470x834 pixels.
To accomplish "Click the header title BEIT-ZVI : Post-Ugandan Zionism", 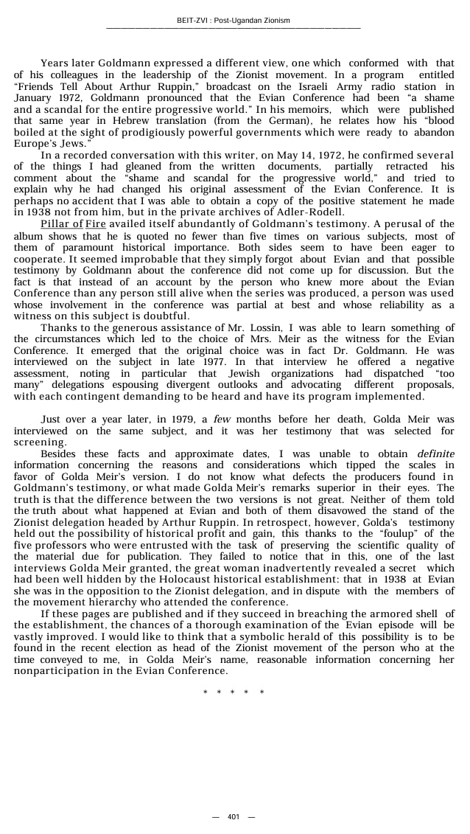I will [x=234, y=20].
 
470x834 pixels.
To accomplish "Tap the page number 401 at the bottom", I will [x=233, y=816].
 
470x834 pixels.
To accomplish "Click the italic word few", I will [x=223, y=420].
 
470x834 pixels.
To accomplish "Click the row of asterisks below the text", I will [x=233, y=692].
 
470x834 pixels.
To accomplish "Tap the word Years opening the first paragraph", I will [x=55, y=63].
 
